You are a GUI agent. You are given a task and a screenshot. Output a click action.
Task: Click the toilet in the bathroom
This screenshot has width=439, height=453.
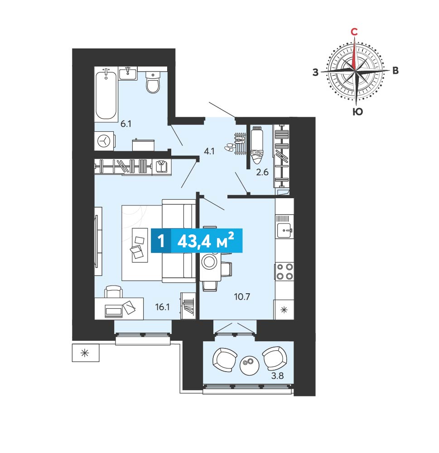(x=153, y=82)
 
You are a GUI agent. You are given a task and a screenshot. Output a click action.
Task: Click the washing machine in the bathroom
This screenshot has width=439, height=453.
(x=104, y=141)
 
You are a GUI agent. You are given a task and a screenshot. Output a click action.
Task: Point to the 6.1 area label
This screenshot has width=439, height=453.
(x=126, y=124)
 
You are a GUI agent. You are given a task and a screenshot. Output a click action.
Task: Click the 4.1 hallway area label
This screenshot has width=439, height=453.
(x=209, y=151)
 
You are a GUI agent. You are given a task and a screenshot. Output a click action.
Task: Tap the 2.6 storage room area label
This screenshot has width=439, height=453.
(x=262, y=172)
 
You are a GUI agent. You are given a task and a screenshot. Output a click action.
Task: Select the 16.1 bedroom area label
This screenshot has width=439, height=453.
(x=162, y=307)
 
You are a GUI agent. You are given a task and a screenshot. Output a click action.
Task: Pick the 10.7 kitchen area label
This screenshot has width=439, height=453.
(x=242, y=297)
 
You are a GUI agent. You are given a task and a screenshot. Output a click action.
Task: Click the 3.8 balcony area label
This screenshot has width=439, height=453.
(x=277, y=376)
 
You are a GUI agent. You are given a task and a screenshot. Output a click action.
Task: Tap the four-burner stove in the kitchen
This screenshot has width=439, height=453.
(x=285, y=271)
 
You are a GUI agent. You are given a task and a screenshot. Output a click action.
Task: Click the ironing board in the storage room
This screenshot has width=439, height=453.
(x=256, y=145)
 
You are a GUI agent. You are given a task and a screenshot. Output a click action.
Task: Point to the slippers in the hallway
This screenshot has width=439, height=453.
(x=230, y=147)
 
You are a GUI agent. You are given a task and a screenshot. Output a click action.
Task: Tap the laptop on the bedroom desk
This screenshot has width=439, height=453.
(x=114, y=311)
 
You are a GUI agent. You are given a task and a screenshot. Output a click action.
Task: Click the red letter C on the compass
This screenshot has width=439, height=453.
(x=354, y=32)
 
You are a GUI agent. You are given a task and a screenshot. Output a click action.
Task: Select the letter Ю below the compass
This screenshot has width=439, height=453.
(x=358, y=111)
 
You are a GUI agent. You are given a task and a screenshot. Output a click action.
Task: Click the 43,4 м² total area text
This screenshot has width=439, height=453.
(x=206, y=241)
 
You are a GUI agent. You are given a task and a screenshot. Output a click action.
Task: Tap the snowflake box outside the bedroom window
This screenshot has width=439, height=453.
(x=85, y=353)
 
